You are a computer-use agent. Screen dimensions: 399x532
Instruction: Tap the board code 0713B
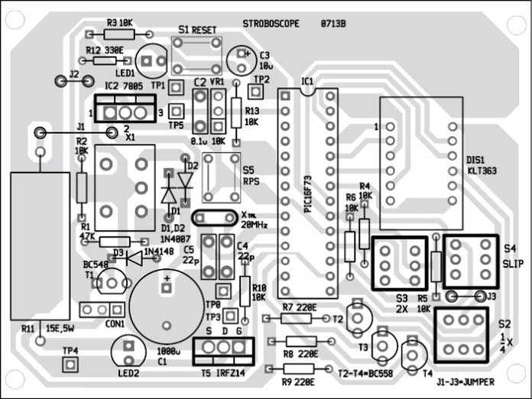[333, 24]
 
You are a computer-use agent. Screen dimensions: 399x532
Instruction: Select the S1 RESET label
[196, 29]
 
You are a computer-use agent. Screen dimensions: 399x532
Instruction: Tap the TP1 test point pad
[175, 86]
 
